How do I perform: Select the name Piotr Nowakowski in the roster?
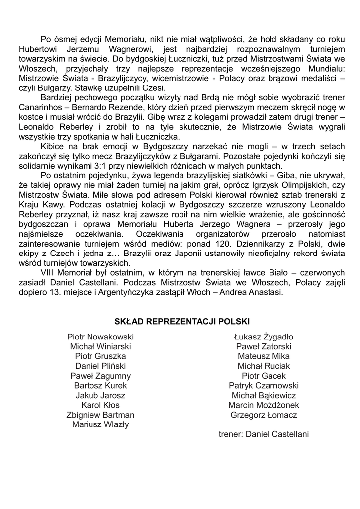(100, 337)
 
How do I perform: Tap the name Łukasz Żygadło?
(264, 337)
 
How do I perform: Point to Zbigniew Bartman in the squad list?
(100, 415)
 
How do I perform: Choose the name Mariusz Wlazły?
(100, 424)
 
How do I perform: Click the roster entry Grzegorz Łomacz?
(264, 415)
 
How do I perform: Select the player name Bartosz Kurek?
(100, 386)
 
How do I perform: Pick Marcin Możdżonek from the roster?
(264, 405)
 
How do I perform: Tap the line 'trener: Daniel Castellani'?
(264, 434)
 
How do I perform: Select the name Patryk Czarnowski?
(264, 386)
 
